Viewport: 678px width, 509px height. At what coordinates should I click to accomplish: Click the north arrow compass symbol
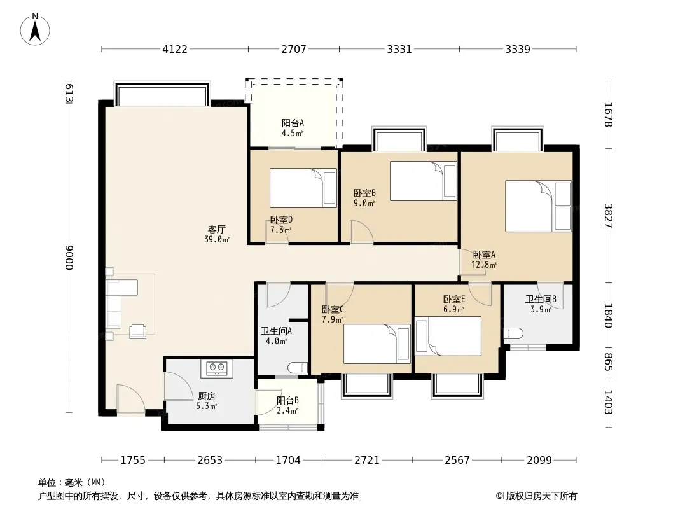[x=35, y=29]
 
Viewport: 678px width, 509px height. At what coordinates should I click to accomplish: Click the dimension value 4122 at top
[x=175, y=49]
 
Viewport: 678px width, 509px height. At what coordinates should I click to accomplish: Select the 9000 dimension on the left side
[x=69, y=257]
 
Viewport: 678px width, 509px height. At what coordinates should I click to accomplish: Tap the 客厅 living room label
[x=217, y=229]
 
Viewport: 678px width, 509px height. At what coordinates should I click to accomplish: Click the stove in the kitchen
[x=217, y=368]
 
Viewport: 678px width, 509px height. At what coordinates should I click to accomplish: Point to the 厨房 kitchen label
[x=206, y=396]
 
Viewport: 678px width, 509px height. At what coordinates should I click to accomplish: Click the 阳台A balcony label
[x=293, y=123]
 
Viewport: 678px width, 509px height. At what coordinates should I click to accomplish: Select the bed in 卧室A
[x=539, y=206]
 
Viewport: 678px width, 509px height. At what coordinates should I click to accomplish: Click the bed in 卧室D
[x=303, y=188]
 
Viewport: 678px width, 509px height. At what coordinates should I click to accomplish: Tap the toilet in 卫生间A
[x=298, y=368]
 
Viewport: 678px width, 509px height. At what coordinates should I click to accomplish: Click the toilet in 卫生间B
[x=513, y=333]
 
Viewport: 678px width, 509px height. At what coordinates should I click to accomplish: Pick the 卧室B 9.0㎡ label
[x=364, y=198]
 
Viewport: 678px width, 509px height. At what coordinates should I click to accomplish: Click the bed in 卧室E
[x=448, y=336]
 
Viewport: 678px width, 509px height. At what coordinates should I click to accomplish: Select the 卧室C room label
[x=333, y=310]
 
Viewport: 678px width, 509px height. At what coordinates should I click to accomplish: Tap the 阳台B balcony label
[x=287, y=400]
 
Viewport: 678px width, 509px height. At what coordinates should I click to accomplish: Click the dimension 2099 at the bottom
[x=539, y=460]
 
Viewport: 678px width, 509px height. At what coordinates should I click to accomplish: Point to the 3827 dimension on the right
[x=609, y=216]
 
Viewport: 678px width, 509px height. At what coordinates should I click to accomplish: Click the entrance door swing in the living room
[x=130, y=400]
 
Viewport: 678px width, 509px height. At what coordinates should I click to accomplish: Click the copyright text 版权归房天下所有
[x=541, y=496]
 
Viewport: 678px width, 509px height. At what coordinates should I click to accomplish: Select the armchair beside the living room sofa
[x=138, y=331]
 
